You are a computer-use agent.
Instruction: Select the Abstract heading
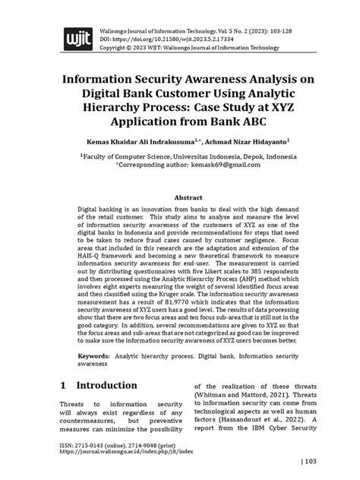(x=180, y=196)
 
